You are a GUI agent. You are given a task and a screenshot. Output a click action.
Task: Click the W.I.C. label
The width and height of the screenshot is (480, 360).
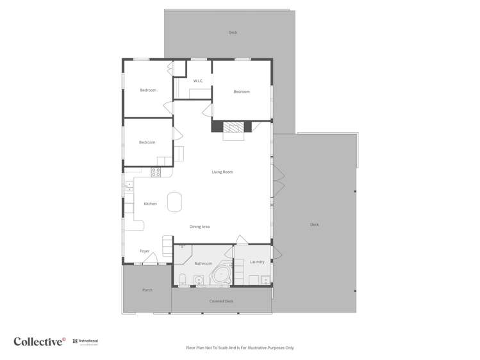[198, 81]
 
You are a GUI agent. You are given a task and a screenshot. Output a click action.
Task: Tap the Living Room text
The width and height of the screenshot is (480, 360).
[222, 172]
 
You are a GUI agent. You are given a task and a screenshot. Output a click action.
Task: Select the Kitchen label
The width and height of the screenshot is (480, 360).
[150, 204]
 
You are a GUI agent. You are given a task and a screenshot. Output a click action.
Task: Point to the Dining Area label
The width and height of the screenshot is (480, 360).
[200, 227]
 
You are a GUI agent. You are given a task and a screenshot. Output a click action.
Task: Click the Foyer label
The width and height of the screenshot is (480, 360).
[145, 251]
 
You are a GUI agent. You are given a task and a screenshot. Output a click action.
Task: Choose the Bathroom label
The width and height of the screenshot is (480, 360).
[203, 263]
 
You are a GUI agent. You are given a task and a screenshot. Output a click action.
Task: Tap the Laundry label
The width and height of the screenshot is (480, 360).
[257, 261]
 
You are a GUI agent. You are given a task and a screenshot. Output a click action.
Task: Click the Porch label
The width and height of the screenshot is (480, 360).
[147, 290]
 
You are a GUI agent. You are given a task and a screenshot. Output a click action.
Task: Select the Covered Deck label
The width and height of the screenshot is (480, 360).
[221, 300]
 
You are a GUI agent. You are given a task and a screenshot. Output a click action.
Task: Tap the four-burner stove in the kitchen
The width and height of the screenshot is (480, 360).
[156, 172]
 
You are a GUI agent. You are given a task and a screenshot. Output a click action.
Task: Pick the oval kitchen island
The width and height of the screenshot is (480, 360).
[174, 202]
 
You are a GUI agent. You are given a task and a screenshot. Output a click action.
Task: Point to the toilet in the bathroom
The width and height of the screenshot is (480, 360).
[183, 279]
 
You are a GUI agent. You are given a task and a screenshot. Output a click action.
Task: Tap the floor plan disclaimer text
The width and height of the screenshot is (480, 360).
[240, 348]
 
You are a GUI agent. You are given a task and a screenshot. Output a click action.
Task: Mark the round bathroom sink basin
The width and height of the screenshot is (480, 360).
[199, 279]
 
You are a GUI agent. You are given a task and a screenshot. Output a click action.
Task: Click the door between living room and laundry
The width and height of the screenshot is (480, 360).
[242, 240]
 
